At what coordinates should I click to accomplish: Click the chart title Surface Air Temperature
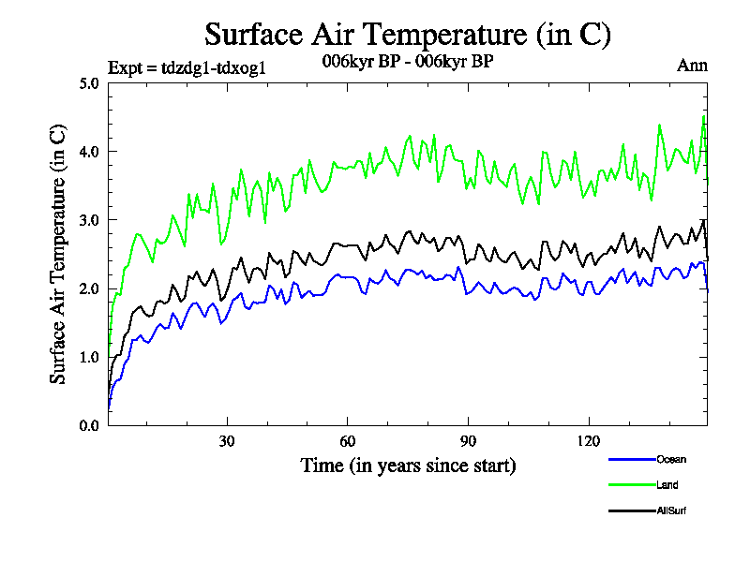point(408,35)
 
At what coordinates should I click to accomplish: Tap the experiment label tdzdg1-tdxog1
point(193,67)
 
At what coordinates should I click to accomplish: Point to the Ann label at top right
point(692,66)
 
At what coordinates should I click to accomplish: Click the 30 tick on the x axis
point(227,441)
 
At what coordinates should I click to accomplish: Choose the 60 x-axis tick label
point(348,441)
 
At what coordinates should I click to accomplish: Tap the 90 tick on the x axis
point(468,441)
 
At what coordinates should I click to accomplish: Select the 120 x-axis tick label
point(588,441)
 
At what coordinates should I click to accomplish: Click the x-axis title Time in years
point(408,465)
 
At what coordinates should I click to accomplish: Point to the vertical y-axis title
point(58,253)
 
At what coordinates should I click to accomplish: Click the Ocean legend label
point(671,459)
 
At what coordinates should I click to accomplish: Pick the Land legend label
point(667,485)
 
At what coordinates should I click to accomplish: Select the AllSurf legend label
point(672,511)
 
